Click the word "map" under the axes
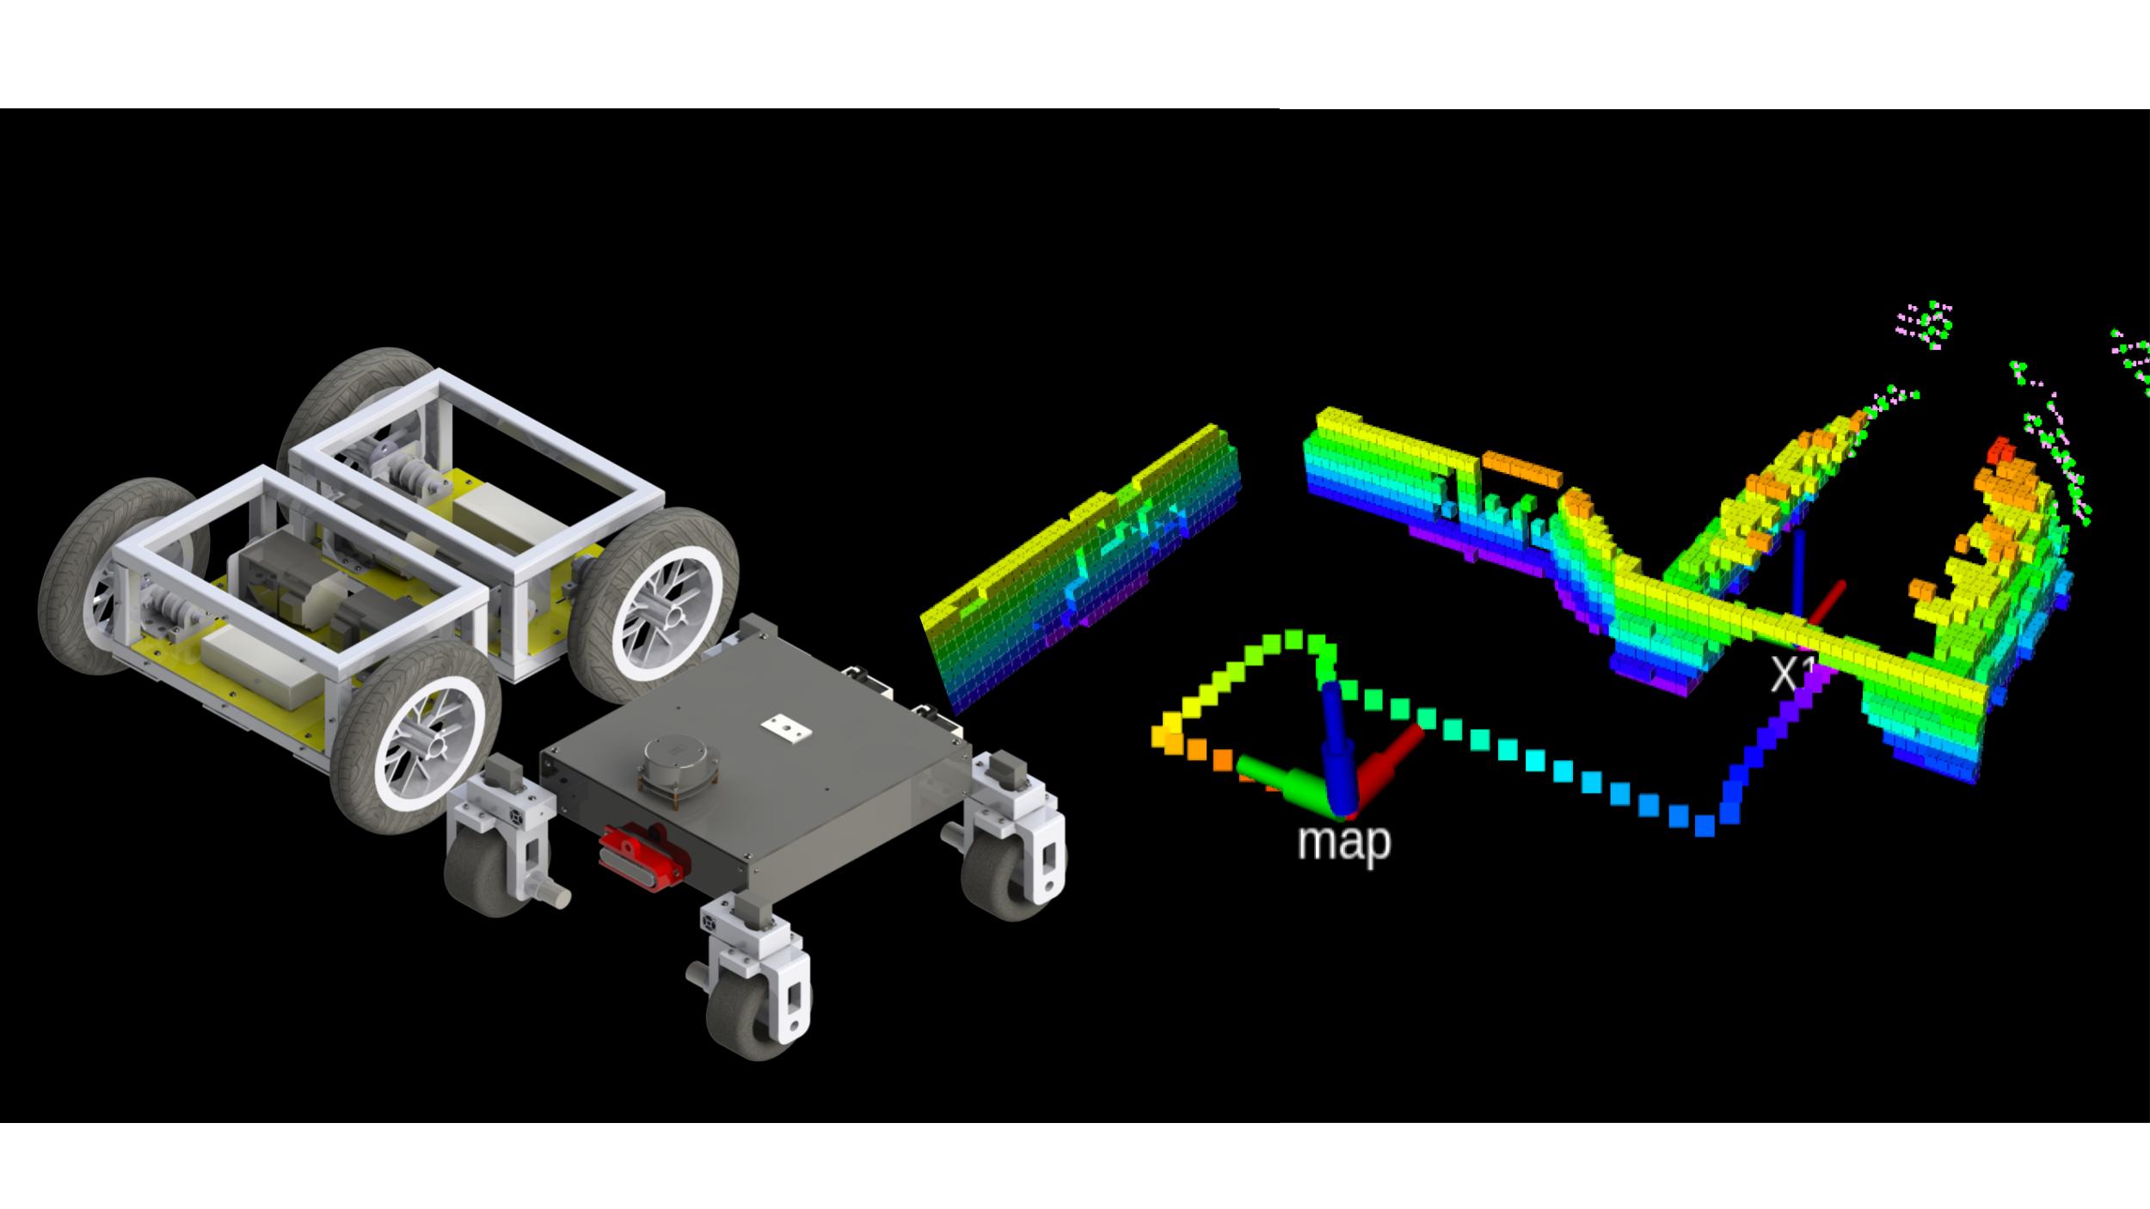pos(1343,841)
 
